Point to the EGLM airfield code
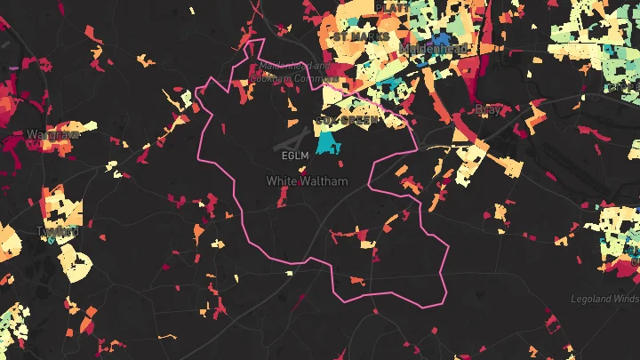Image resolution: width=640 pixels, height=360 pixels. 293,156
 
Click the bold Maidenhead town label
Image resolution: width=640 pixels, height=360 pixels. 434,48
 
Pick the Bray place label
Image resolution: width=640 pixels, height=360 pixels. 489,109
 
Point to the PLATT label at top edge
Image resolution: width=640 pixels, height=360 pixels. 393,7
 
